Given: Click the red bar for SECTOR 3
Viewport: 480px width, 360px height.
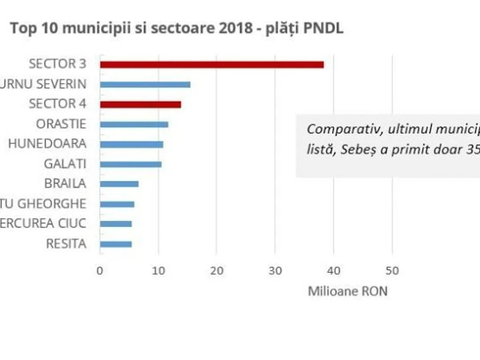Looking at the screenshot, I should pos(212,65).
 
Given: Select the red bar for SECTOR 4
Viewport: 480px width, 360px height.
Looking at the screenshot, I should pos(140,104).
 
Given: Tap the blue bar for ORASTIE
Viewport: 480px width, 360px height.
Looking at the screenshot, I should pos(134,124).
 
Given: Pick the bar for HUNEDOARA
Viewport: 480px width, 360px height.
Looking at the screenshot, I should pos(132,144).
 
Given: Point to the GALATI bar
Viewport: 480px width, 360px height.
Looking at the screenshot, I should pos(131,164).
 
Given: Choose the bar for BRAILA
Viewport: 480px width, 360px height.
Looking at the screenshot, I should pos(119,184).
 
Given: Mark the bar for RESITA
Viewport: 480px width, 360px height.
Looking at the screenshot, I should pos(116,244).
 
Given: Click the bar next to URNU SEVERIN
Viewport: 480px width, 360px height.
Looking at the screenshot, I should pos(145,85).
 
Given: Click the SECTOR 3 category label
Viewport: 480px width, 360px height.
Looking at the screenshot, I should pos(58,64).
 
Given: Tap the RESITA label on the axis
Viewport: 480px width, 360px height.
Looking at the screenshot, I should pos(66,244).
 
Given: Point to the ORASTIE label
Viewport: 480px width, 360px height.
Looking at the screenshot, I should pos(61,124).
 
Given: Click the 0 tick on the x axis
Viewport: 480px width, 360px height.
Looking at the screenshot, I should pos(100,271).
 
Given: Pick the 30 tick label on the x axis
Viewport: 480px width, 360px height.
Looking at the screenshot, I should pos(275,271).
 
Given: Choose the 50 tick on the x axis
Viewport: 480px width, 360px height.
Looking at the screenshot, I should pos(392,271).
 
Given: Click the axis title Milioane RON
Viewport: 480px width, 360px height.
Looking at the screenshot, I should pos(348,291).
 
